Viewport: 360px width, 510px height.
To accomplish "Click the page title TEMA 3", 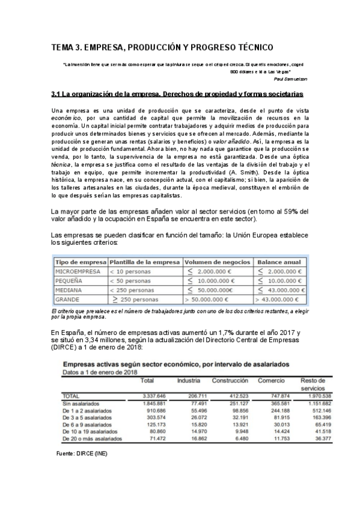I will tap(162, 47).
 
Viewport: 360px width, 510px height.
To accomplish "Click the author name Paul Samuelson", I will tap(291, 79).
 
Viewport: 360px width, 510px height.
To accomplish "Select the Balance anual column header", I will tap(279, 263).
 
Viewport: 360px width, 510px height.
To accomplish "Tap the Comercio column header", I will tap(271, 381).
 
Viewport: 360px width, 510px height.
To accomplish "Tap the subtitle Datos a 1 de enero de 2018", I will tap(100, 372).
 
